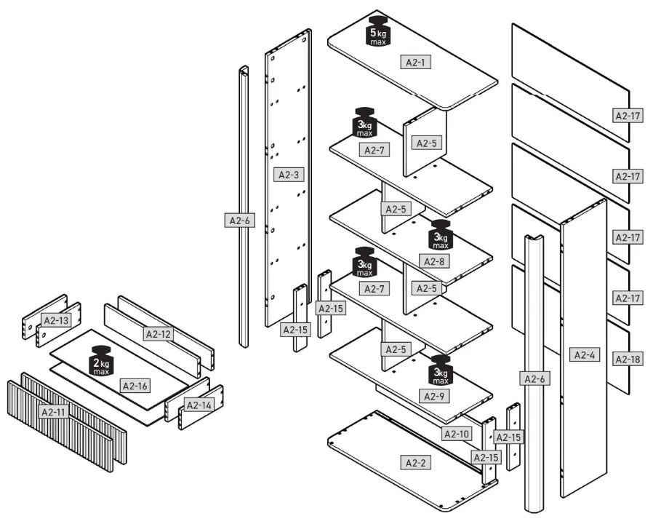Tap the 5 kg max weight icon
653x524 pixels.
[378, 31]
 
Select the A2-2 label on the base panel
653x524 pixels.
[414, 462]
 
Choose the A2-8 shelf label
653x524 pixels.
[434, 261]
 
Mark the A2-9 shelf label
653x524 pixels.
[435, 397]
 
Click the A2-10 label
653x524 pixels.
[457, 434]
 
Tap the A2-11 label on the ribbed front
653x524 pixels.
[53, 412]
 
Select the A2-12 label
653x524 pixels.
[158, 334]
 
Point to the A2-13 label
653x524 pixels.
[55, 319]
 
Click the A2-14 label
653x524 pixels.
[199, 405]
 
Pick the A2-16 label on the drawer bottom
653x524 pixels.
[135, 385]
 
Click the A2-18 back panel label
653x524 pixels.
[628, 359]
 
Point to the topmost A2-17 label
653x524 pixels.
[628, 115]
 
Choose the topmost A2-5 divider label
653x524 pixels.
[427, 143]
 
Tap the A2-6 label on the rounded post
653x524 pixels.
[534, 378]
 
